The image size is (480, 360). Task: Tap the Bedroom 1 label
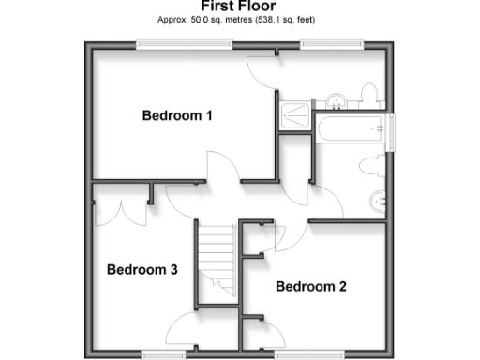pos(177,115)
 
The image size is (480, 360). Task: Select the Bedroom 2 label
pos(311,286)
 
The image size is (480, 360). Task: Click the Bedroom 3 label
pos(142,270)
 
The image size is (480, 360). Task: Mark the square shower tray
pos(295,114)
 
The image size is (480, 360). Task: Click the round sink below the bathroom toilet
pos(378,199)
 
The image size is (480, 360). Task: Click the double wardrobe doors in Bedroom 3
pos(120,204)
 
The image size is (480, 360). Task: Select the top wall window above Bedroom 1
pos(172,43)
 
